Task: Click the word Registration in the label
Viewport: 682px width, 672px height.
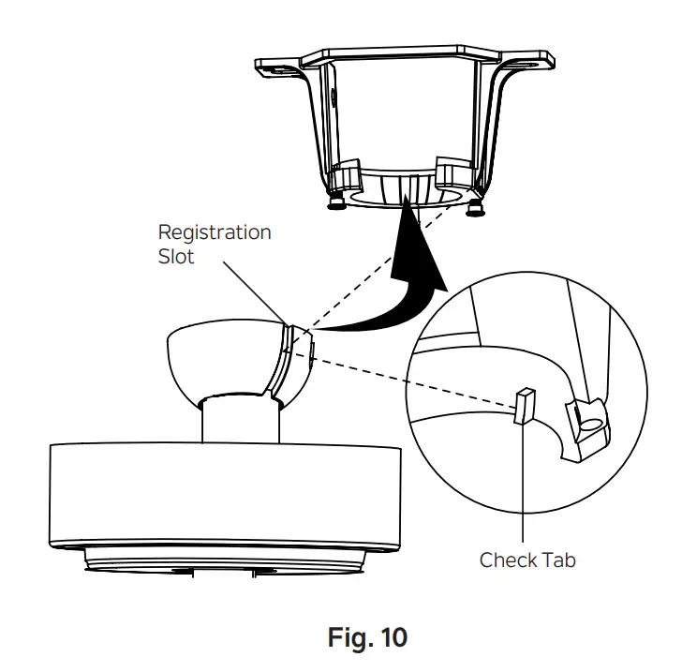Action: tap(214, 232)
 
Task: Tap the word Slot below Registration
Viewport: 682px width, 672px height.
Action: tap(176, 256)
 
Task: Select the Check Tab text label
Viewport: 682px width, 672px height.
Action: tap(526, 560)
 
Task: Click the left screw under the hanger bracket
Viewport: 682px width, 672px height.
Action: tap(334, 200)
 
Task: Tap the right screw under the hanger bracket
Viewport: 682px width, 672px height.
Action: tap(476, 206)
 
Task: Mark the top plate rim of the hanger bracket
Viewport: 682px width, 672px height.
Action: tap(403, 47)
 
